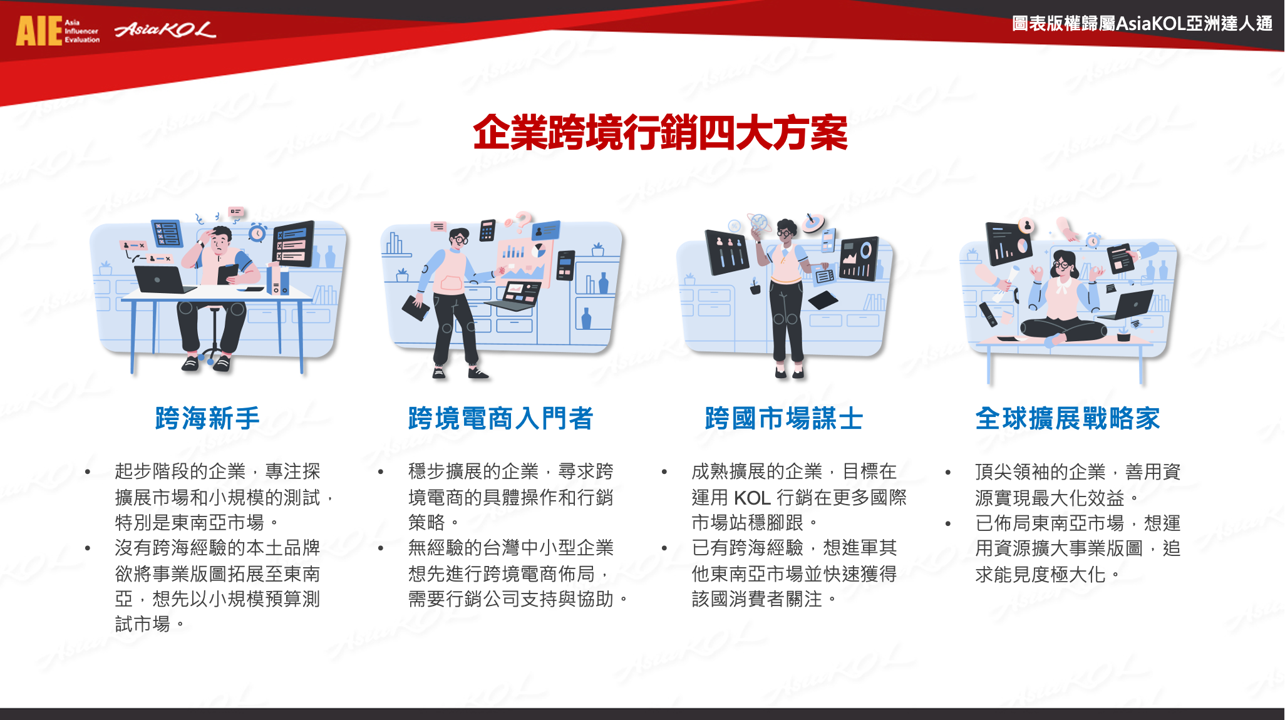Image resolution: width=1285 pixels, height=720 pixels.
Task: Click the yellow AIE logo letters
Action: [39, 31]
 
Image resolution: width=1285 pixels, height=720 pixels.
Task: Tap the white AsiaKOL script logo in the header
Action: [165, 29]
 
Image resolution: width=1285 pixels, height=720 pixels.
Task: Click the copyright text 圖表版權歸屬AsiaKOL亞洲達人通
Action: [1142, 24]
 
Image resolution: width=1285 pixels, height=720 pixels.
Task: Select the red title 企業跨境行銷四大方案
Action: [660, 133]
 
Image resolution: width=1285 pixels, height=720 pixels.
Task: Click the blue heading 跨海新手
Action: [207, 418]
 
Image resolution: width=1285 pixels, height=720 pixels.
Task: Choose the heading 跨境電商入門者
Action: [500, 418]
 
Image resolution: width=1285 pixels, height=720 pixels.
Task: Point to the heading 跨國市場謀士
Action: [784, 418]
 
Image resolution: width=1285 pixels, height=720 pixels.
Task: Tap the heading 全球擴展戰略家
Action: [1068, 418]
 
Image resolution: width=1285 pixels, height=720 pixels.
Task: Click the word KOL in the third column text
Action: [752, 498]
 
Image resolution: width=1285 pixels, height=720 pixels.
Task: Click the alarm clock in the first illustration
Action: [257, 233]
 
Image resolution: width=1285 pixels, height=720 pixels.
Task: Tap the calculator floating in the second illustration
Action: [487, 230]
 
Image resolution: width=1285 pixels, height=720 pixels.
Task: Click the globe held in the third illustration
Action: [759, 222]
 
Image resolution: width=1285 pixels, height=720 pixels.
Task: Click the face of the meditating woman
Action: [1063, 266]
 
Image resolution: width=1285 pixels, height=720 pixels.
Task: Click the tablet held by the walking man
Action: [416, 307]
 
